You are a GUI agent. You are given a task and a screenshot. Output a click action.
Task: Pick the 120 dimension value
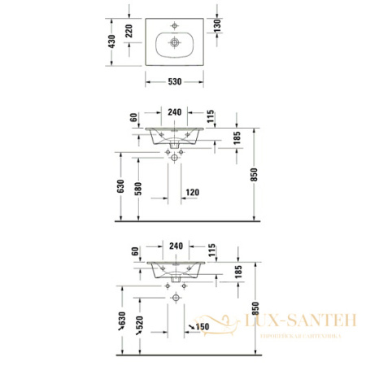point(192,193)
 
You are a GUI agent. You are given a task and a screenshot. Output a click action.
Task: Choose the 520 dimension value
point(138,325)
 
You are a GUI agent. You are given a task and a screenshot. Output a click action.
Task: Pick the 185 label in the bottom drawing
point(237,274)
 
